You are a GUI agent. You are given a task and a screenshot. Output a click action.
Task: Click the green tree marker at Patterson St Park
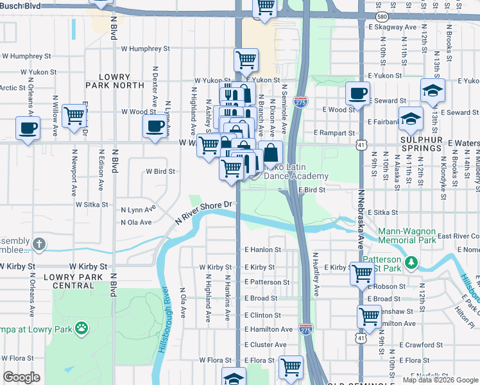[x=412, y=262]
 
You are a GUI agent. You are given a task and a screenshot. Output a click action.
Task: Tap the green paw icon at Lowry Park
[x=81, y=330]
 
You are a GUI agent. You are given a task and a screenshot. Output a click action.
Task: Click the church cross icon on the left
[x=40, y=244]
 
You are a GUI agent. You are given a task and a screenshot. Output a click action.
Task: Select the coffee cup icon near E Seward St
[x=357, y=94]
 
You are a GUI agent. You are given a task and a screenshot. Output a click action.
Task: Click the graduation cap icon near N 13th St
[x=433, y=90]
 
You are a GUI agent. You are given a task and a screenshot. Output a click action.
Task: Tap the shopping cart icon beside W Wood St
[x=75, y=116]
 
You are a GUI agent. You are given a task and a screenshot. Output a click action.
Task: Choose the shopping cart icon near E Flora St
[x=291, y=367]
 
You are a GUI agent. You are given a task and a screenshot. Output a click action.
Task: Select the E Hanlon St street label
[x=262, y=250]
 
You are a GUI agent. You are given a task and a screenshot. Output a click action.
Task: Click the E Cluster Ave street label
[x=265, y=345]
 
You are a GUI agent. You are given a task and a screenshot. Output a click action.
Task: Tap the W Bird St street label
[x=160, y=172]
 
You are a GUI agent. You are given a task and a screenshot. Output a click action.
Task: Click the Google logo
[x=21, y=377]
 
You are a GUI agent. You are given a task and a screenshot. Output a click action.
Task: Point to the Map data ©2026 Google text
[x=440, y=380]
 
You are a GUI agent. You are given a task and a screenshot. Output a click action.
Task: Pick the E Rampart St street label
[x=334, y=133]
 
